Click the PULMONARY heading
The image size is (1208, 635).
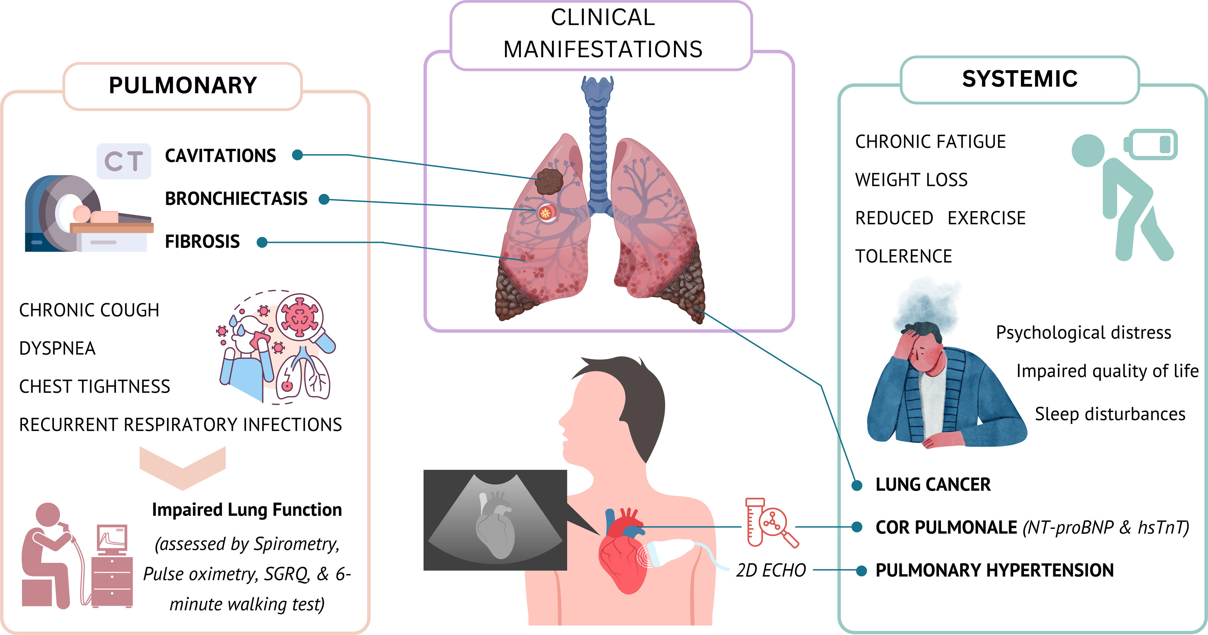[183, 85]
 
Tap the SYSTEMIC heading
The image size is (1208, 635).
[1020, 79]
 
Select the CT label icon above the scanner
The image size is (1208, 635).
[124, 161]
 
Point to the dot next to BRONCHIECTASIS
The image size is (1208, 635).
[324, 199]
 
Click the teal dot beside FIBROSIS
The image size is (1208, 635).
[262, 242]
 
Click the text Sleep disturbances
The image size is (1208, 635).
[1110, 414]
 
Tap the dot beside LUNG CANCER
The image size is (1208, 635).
[857, 485]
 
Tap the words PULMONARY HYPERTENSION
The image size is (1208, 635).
[994, 571]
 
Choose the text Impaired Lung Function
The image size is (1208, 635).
[247, 510]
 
